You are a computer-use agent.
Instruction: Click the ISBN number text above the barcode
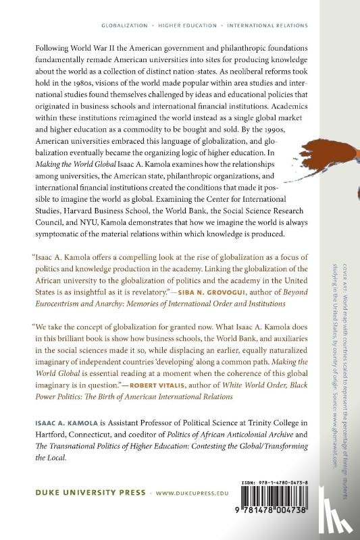289,483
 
